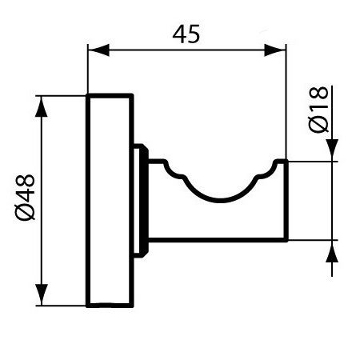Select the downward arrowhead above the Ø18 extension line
pyautogui.click(x=332, y=152)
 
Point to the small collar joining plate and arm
pyautogui.click(x=141, y=200)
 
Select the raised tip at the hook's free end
pyautogui.click(x=281, y=165)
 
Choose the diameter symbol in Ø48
pyautogui.click(x=25, y=212)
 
